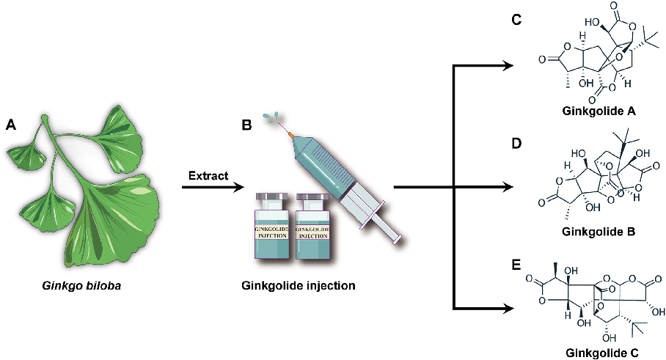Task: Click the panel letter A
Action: coord(10,125)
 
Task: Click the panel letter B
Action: coord(247,125)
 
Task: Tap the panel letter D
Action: coord(516,142)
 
